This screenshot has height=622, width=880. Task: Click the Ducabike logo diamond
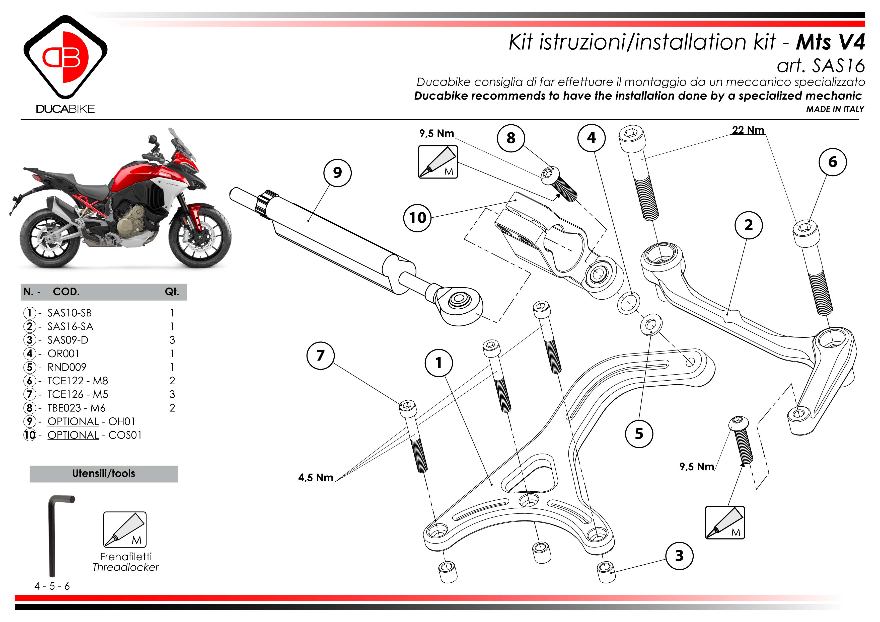[65, 57]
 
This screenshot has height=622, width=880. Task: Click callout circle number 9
[337, 173]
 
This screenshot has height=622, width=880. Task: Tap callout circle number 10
[417, 218]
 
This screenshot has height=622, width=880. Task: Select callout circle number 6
[833, 162]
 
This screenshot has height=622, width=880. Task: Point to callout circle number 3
[679, 556]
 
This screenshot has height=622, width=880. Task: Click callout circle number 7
[320, 356]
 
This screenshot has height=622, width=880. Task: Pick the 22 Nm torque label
[748, 130]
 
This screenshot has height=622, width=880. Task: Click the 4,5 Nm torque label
[315, 478]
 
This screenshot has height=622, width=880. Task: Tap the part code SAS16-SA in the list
[70, 326]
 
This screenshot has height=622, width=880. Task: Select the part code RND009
[67, 367]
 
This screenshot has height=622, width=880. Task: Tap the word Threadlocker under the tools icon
[126, 567]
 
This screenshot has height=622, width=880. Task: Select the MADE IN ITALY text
[835, 109]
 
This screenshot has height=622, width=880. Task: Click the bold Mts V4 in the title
[830, 42]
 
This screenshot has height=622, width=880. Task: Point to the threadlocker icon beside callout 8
[438, 162]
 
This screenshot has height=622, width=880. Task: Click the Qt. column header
[172, 292]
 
